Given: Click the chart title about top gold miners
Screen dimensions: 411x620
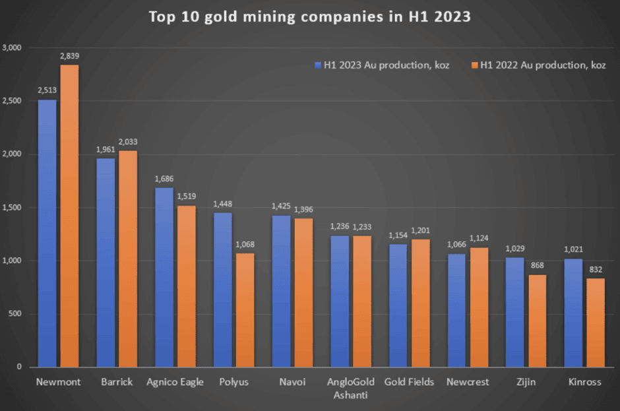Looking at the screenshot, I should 309,16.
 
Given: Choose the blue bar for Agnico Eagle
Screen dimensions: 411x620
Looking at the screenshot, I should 164,277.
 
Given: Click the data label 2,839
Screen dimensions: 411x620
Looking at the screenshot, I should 69,57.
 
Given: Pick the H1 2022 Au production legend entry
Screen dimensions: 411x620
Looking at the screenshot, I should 538,65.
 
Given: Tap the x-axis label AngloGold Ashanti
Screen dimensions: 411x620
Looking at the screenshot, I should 350,387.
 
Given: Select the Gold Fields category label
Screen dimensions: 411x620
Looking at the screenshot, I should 409,382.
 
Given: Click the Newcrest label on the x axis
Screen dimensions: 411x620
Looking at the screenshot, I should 468,382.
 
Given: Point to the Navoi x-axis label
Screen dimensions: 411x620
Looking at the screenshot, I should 292,382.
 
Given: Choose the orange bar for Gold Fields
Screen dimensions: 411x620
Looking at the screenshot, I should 420,303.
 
